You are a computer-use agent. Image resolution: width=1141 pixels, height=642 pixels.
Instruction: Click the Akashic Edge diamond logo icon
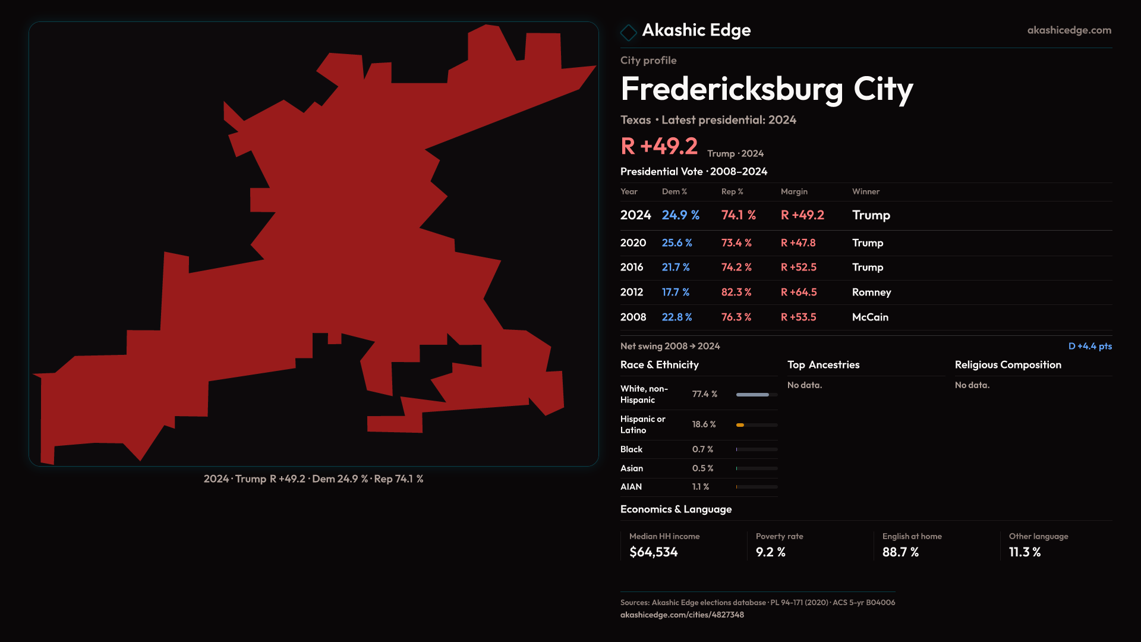pos(628,32)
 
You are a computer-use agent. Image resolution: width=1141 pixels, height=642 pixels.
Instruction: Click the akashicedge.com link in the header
pos(1068,30)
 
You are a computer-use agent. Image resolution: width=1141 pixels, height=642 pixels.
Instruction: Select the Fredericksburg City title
pos(766,89)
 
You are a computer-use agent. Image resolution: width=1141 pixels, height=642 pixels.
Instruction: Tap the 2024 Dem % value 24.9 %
pos(680,215)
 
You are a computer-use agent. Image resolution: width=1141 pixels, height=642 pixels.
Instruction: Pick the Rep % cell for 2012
pos(736,292)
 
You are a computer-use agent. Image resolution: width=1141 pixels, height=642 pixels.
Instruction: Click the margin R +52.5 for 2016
pos(798,267)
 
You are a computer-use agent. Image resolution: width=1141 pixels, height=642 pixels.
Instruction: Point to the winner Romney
pos(871,292)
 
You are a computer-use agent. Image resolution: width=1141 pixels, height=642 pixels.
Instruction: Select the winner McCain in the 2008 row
pos(870,317)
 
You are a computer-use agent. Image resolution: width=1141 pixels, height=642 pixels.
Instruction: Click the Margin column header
pos(794,191)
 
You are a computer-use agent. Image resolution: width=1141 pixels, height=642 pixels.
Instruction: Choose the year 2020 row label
pos(633,243)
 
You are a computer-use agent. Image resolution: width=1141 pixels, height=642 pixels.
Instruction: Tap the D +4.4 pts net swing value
pos(1089,346)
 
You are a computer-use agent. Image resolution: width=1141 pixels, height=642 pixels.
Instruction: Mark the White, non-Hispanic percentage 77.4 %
pos(704,394)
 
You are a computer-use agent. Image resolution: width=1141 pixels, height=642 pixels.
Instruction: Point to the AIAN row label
pos(631,487)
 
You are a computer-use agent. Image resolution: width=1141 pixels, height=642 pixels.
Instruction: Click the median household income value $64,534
pos(653,552)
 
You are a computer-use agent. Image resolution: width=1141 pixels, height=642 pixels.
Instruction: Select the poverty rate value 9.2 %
pos(770,552)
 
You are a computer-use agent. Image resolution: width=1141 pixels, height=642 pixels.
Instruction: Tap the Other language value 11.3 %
pos(1025,552)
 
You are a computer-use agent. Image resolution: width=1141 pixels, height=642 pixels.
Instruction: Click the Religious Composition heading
pos(1007,365)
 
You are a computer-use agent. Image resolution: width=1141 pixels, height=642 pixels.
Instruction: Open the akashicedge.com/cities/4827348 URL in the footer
pos(682,615)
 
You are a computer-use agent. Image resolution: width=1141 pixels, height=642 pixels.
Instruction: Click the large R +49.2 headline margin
pos(658,146)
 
